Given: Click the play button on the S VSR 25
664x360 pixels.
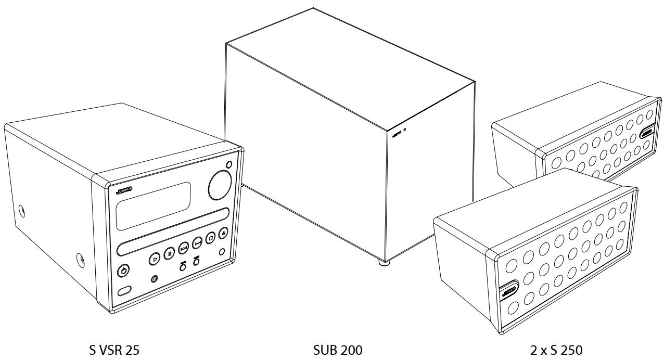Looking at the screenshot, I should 155,258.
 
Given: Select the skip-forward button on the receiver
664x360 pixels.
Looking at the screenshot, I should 197,242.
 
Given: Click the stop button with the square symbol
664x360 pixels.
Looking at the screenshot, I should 210,238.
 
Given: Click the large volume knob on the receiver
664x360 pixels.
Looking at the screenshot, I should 220,186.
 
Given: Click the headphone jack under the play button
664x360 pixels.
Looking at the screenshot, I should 154,279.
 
